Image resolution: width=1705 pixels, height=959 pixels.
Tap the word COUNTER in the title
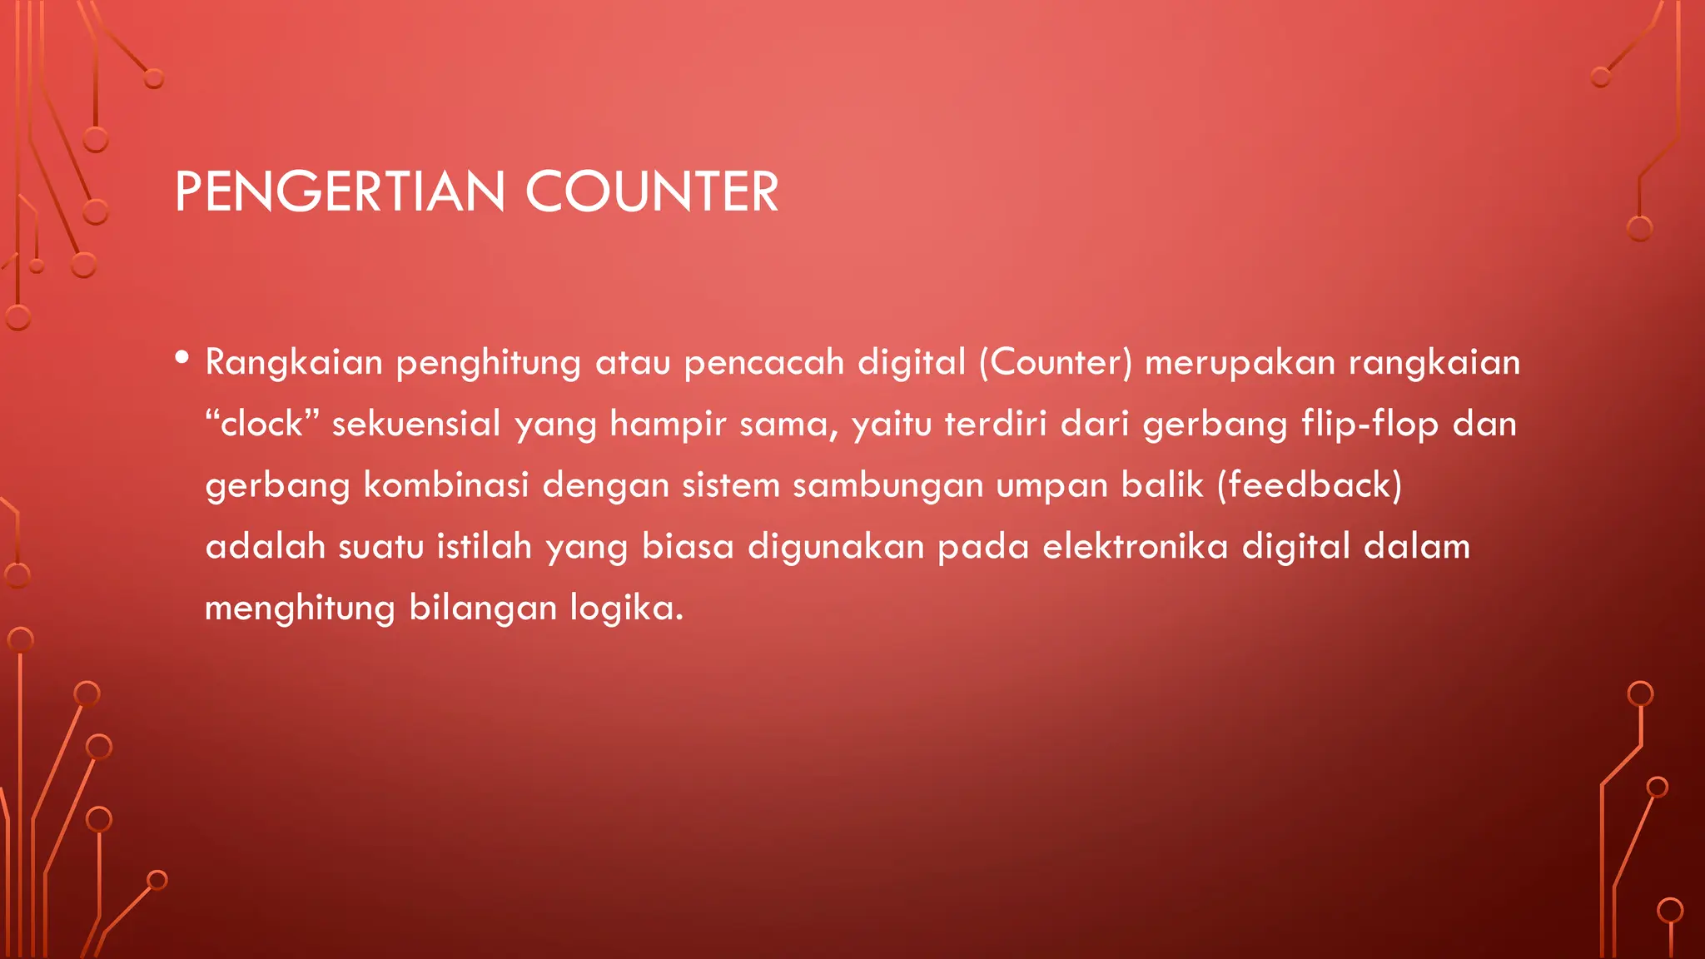(x=652, y=192)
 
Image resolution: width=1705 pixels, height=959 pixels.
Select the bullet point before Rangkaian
(x=182, y=359)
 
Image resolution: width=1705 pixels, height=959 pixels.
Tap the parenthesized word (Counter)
(x=1056, y=363)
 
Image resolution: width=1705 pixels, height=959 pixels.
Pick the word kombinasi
(x=446, y=485)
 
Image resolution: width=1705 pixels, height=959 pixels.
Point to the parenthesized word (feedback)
(x=1310, y=485)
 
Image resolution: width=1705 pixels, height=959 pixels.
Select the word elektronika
(x=1135, y=547)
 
